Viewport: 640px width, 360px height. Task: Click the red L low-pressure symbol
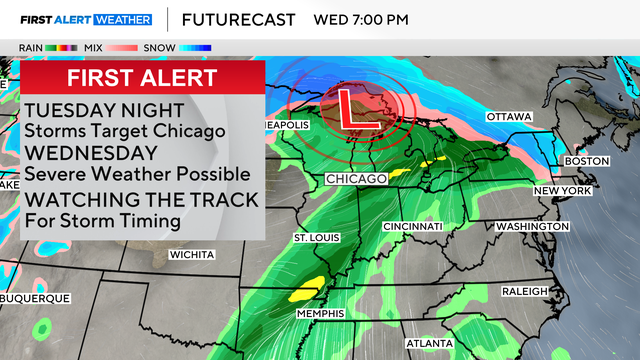(351, 108)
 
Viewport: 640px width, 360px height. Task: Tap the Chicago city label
(356, 179)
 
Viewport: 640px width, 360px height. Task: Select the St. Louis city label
(317, 238)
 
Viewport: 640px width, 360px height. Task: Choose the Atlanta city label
(429, 343)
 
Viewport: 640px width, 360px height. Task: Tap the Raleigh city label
(524, 291)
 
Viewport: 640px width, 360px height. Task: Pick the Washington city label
(531, 227)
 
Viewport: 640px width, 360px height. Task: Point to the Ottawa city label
(509, 117)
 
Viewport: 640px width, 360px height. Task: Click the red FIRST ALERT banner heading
(143, 78)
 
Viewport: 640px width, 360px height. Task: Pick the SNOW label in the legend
(160, 47)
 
